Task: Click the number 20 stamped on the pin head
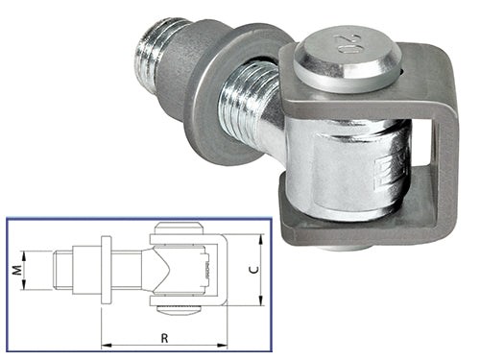pyautogui.click(x=347, y=44)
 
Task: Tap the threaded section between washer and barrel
pyautogui.click(x=254, y=107)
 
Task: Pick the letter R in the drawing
pyautogui.click(x=165, y=337)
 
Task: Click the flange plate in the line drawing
pyautogui.click(x=106, y=271)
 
